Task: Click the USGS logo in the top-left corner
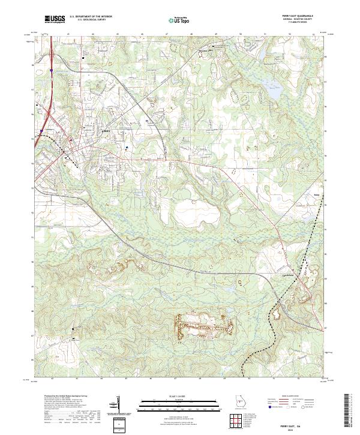point(55,19)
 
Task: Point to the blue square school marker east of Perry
point(127,146)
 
